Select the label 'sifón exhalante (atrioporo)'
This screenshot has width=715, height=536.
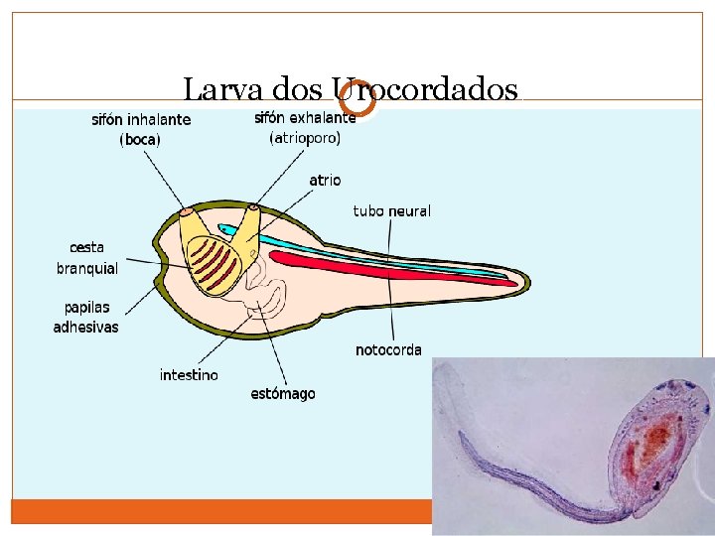click(305, 128)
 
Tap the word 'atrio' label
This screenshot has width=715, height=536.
click(325, 181)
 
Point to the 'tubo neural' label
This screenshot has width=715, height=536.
click(392, 211)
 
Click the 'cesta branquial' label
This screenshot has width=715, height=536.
click(87, 258)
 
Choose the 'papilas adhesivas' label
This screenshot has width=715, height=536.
click(85, 318)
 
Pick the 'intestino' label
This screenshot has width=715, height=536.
click(189, 375)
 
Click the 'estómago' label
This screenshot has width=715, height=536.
click(283, 394)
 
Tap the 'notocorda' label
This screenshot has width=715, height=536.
click(388, 350)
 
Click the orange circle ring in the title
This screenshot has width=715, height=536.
click(357, 97)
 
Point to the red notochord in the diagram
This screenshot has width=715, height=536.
click(397, 268)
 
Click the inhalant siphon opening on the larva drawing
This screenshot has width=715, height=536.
click(186, 211)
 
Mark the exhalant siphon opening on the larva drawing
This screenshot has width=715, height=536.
click(254, 207)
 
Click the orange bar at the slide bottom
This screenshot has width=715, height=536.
click(218, 511)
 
